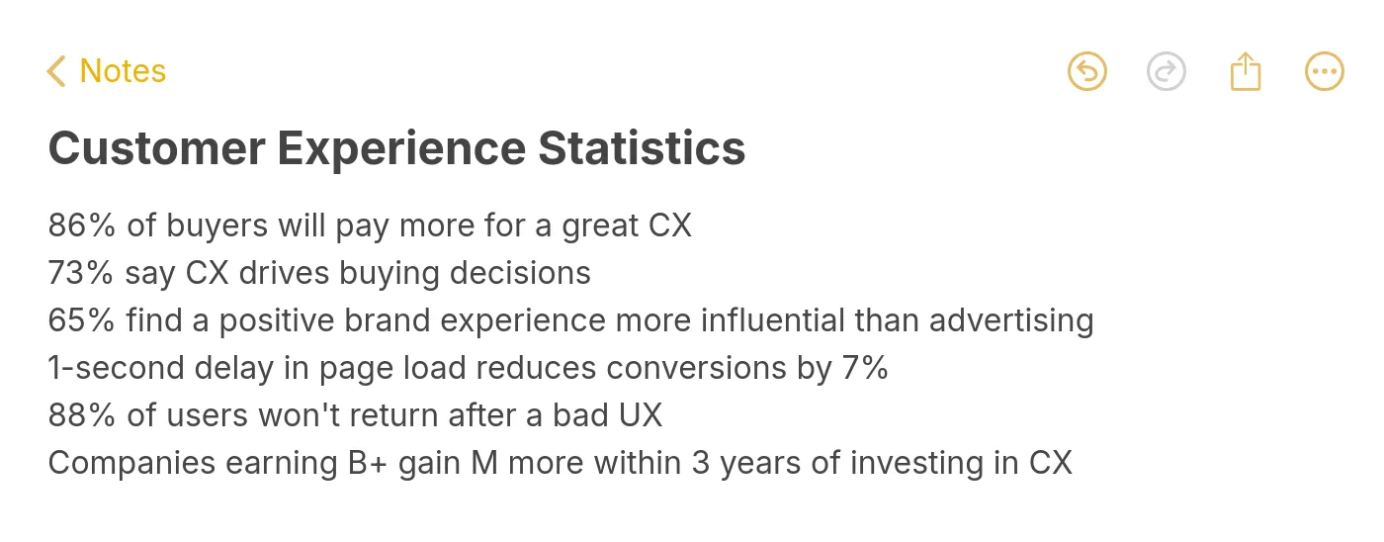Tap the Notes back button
coord(106,71)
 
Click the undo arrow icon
coord(1087,71)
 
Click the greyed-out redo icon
coord(1167,71)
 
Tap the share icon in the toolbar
coord(1246,71)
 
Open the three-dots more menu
coord(1325,71)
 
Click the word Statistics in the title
coord(642,148)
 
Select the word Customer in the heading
coord(156,148)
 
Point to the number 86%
coord(82,226)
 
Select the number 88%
coord(82,415)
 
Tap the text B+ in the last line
coord(368,463)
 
